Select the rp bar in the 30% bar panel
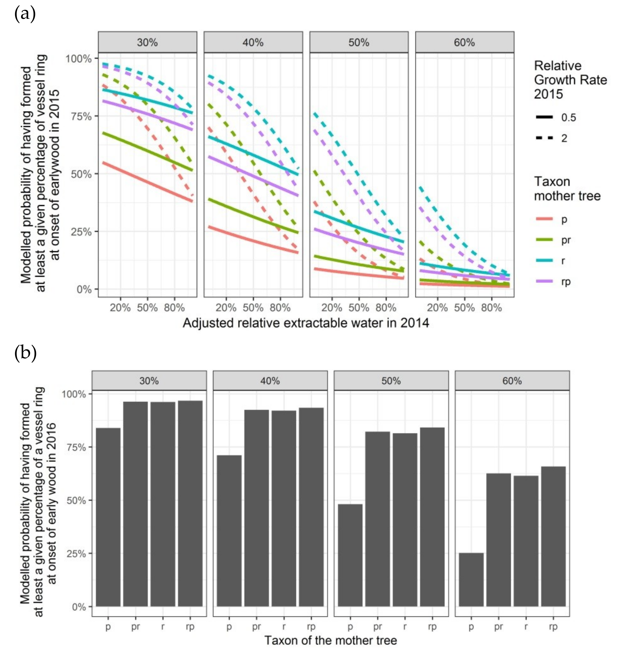(190, 503)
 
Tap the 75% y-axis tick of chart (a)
(81, 117)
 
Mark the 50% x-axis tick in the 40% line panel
(253, 308)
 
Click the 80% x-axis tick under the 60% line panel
(491, 308)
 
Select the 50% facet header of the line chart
(359, 42)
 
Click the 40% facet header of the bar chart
(270, 381)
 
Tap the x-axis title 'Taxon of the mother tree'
(330, 640)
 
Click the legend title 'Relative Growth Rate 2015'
(570, 80)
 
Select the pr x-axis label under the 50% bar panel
(377, 627)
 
